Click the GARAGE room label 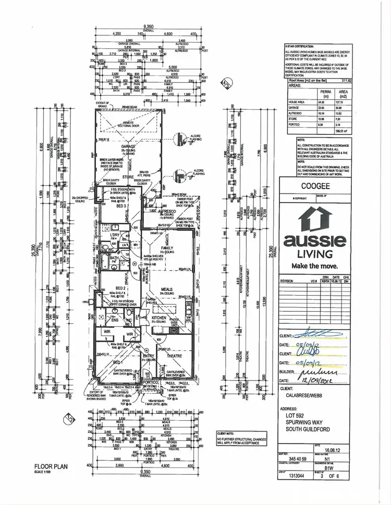coord(128,147)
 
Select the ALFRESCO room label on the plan coord(168,210)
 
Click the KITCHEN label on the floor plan coord(158,317)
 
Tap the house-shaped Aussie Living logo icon coord(314,219)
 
